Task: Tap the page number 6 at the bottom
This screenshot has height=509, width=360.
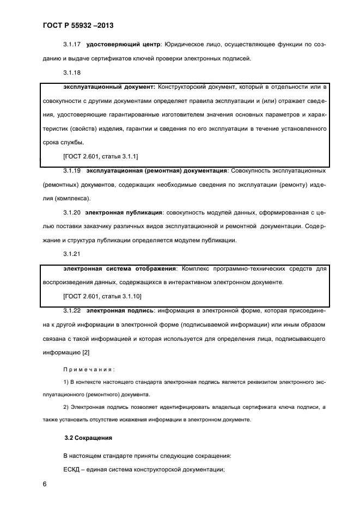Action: (x=45, y=483)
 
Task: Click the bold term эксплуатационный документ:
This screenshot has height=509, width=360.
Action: (x=109, y=87)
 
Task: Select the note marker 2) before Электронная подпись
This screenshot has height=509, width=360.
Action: (x=67, y=407)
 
